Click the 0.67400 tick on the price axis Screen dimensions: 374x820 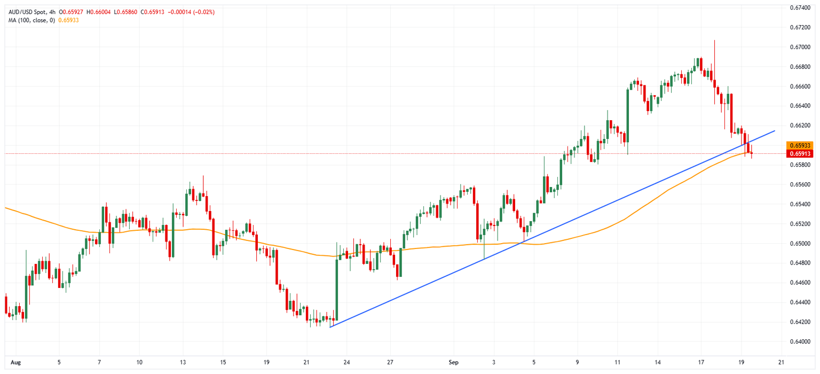[x=801, y=7]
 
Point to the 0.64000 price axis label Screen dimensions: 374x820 [x=801, y=341]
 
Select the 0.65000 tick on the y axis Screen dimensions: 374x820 [x=801, y=244]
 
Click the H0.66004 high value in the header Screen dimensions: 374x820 [x=98, y=12]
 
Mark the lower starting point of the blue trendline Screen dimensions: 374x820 [x=330, y=327]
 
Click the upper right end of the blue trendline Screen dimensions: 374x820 [x=775, y=130]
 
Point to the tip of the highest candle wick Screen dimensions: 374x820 [x=714, y=40]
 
